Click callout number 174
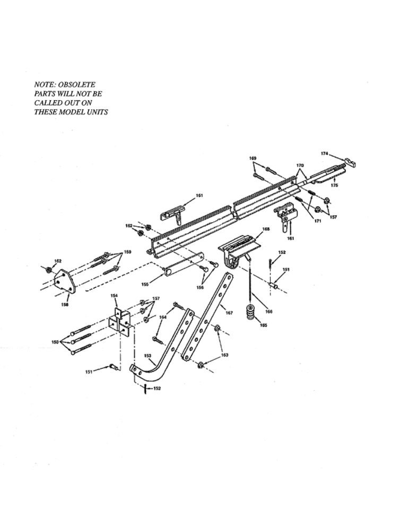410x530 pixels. [x=325, y=154]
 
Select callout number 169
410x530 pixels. [x=252, y=158]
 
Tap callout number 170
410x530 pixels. [x=300, y=165]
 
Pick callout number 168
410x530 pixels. [x=266, y=229]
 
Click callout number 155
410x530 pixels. [x=145, y=284]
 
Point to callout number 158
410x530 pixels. [x=65, y=304]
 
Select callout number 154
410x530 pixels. [x=115, y=295]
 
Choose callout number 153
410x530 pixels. [x=147, y=356]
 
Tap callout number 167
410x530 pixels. [x=229, y=313]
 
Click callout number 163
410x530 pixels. [x=224, y=355]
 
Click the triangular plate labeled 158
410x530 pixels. [x=65, y=281]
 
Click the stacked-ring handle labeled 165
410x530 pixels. [x=251, y=314]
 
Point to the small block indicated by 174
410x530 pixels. [x=351, y=162]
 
